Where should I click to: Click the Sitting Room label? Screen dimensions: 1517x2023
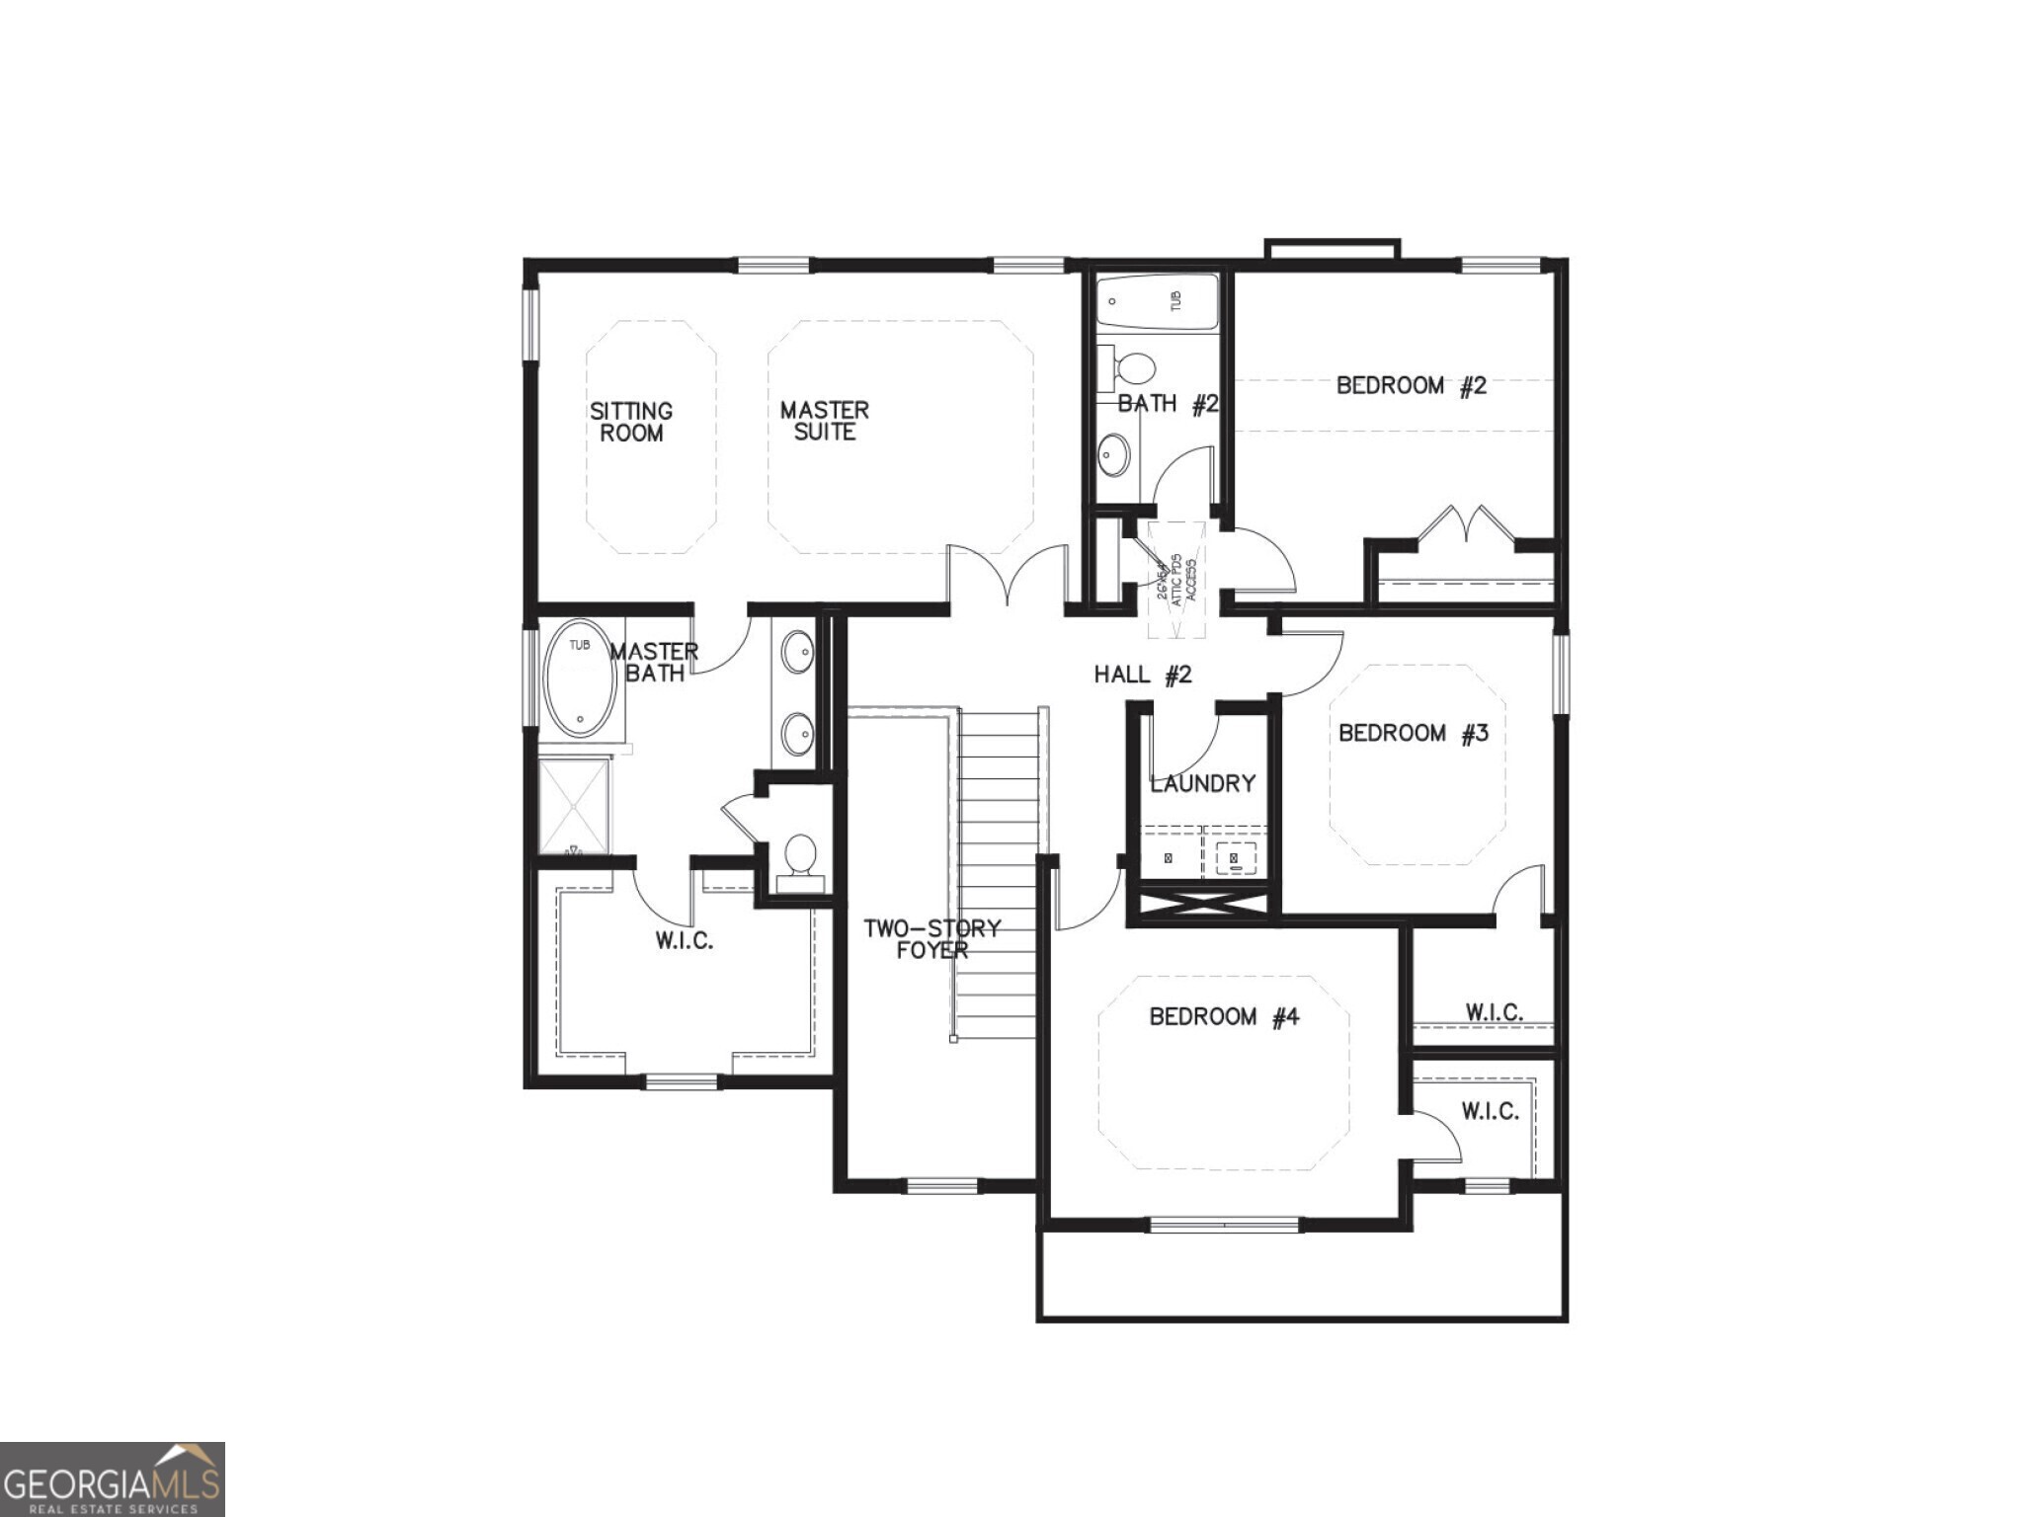631,422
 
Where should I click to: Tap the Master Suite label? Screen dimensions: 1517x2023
824,421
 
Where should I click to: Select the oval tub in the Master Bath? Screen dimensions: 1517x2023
580,678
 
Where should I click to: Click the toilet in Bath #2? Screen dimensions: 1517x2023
1133,369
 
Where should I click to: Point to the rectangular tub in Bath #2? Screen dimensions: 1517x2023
1157,302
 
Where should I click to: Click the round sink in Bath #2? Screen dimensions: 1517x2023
1114,455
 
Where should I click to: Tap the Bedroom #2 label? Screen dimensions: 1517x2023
1411,385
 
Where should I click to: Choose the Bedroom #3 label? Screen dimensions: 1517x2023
1413,733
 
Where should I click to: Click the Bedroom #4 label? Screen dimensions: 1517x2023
1223,1016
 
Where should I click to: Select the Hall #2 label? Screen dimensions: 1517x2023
1143,675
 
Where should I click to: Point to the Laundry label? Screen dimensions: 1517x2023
1202,783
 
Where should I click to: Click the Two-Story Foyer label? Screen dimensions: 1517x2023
931,939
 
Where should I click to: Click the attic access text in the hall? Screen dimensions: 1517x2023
1176,580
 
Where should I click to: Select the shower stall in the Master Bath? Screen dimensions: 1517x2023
574,805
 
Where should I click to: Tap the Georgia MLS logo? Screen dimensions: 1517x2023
112,1478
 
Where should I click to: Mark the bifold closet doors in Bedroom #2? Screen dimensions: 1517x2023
1466,523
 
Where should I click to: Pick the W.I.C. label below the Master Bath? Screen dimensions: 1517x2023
684,940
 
